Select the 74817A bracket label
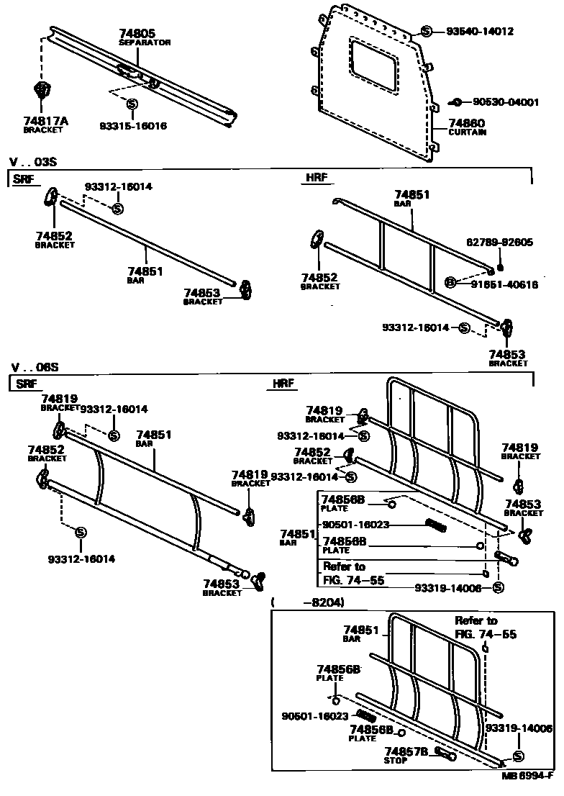45,121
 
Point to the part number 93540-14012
479,32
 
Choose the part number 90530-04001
505,102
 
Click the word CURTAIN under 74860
467,132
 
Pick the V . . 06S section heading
34,367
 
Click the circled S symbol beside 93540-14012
426,32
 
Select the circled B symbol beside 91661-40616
450,283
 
